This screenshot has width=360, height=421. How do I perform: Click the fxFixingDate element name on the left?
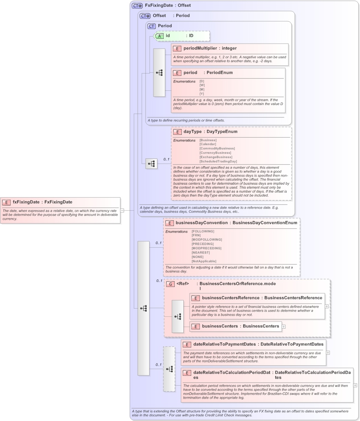[26, 202]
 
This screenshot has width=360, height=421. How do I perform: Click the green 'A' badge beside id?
[159, 36]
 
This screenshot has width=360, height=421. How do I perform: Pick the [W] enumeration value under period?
[202, 85]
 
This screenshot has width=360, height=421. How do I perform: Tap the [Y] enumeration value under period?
[202, 94]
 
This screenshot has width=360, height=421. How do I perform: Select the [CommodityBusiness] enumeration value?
[217, 149]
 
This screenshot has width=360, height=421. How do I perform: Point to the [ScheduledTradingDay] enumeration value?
[218, 161]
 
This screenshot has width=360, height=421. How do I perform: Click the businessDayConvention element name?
[201, 223]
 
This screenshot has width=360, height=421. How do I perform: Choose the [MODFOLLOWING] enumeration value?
[207, 240]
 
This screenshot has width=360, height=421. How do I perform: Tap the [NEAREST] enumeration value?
[201, 252]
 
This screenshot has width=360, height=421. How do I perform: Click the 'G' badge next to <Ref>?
[170, 284]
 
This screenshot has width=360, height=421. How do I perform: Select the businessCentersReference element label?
[231, 298]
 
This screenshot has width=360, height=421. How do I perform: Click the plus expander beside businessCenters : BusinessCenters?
[283, 326]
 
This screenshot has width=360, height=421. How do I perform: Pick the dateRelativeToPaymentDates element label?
[224, 344]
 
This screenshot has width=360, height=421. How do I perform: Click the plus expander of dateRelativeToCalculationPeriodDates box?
[355, 386]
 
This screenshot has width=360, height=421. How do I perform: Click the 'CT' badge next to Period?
[151, 26]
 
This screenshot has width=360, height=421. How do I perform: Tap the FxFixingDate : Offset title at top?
[168, 6]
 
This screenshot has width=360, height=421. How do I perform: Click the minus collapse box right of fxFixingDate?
[122, 210]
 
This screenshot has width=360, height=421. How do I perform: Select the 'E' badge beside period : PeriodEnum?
[177, 73]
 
